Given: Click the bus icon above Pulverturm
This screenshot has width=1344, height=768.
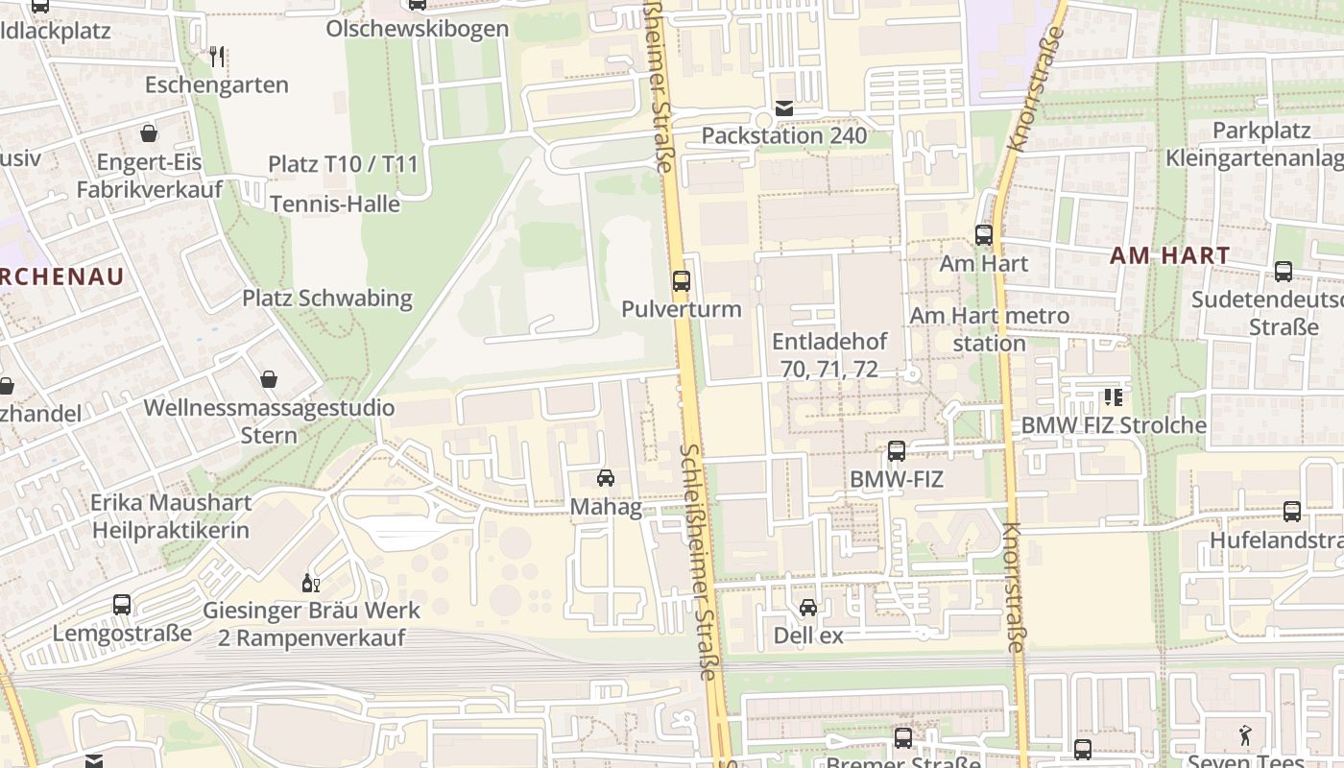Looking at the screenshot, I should [681, 281].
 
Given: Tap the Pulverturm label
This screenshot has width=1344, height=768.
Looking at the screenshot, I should [682, 309].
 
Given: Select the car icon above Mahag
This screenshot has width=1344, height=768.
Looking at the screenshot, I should [606, 478].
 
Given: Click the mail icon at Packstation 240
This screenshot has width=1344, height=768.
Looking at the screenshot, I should [784, 108].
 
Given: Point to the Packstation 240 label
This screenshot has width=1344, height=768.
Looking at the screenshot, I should [784, 135].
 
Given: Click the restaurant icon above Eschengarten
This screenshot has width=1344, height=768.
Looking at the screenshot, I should [217, 57].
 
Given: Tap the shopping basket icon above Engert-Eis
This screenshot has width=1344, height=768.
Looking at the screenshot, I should [149, 133].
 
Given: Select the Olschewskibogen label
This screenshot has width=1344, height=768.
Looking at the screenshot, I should [417, 29].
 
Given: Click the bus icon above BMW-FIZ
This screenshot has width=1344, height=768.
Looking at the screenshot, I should [897, 451].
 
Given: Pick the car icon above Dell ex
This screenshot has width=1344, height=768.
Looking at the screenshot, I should [808, 608].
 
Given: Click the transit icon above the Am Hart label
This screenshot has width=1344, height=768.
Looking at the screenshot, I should [983, 235].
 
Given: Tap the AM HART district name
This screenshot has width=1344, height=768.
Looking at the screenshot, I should [1170, 256].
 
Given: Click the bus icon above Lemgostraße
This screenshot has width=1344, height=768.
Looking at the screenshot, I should [122, 605].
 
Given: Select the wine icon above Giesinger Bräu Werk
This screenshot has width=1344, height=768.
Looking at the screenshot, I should [311, 583].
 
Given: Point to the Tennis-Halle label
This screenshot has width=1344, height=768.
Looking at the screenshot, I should [335, 204].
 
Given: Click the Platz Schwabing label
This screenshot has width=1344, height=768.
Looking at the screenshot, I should [327, 299].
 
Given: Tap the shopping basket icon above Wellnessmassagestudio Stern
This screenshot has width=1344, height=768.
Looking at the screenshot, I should [269, 380].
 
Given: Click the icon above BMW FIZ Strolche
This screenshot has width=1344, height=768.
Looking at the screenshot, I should [1114, 397].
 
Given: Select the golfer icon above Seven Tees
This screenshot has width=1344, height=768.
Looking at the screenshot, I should [1246, 735].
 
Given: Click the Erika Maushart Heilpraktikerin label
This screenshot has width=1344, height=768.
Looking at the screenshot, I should [171, 516].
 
